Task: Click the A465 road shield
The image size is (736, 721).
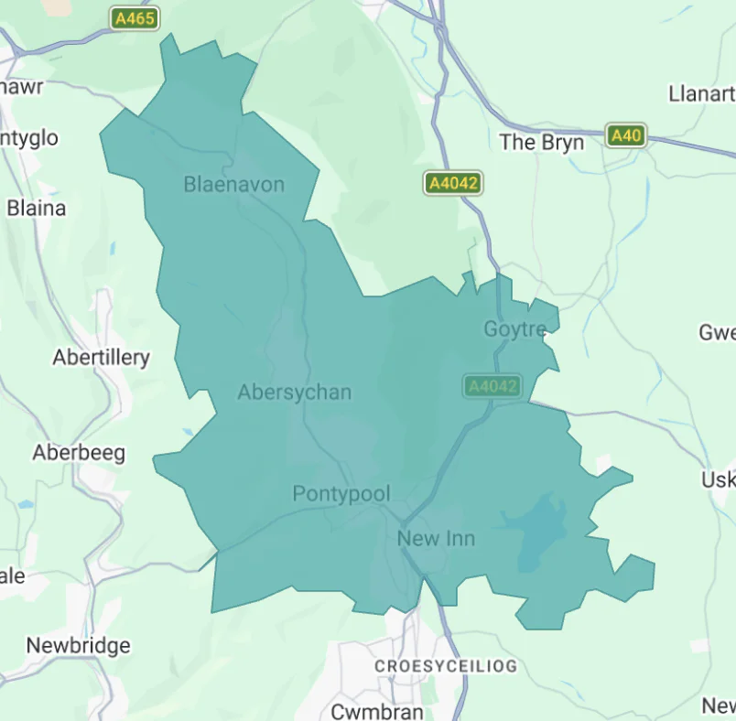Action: click(135, 18)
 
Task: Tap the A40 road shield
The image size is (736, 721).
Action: click(626, 136)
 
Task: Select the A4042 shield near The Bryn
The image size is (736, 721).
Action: click(453, 183)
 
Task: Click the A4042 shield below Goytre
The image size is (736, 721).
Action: click(492, 386)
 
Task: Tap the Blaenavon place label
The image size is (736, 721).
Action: click(233, 185)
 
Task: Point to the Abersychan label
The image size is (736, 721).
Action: click(294, 393)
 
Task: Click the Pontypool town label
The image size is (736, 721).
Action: click(341, 494)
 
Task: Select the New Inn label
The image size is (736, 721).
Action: click(436, 538)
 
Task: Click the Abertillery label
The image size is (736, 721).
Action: click(101, 358)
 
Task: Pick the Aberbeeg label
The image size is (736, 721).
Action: click(79, 453)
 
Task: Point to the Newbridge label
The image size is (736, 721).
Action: click(78, 646)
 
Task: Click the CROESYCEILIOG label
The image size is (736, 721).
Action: click(445, 666)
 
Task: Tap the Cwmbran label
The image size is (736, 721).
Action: click(376, 711)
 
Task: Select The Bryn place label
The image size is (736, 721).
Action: click(542, 142)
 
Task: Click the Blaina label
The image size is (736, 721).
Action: click(37, 209)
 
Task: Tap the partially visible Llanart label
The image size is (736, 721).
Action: click(701, 93)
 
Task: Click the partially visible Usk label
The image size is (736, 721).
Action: click(718, 480)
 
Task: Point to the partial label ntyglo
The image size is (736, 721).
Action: click(29, 138)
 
